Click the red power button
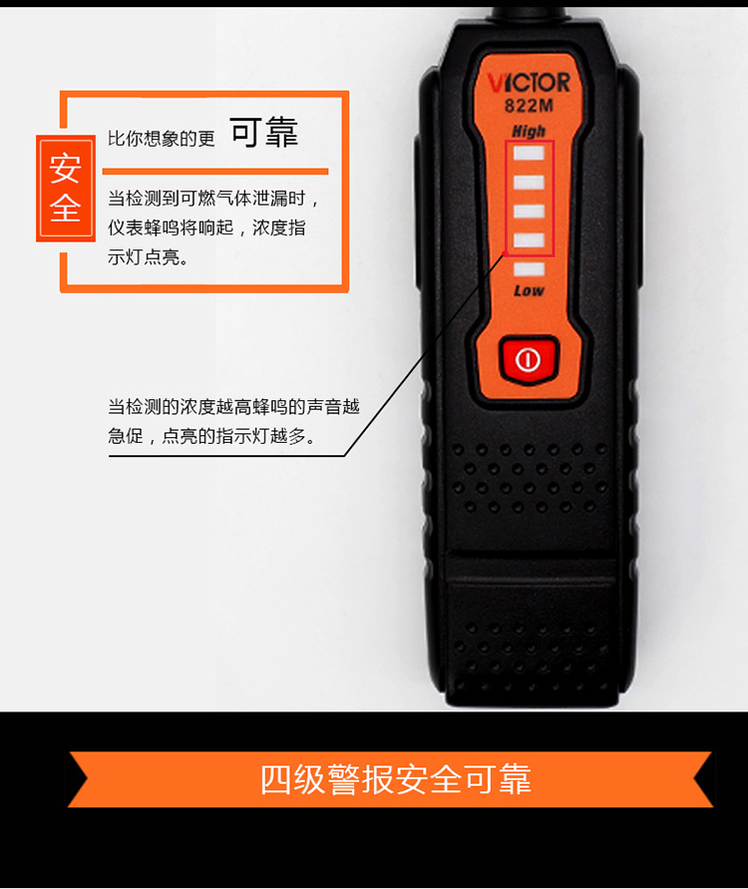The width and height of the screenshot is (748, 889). pyautogui.click(x=529, y=359)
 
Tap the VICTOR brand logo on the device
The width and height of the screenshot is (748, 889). pyautogui.click(x=529, y=83)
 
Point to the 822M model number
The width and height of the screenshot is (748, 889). pyautogui.click(x=529, y=106)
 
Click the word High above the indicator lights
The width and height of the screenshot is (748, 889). pyautogui.click(x=529, y=132)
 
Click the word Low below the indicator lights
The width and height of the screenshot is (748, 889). pyautogui.click(x=529, y=291)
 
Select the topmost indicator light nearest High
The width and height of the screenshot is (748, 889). pyautogui.click(x=529, y=153)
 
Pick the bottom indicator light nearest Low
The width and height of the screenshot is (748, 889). pyautogui.click(x=529, y=268)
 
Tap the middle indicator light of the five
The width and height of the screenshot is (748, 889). pyautogui.click(x=529, y=211)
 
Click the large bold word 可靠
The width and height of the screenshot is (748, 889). pyautogui.click(x=264, y=132)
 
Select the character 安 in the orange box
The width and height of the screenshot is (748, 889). pyautogui.click(x=65, y=169)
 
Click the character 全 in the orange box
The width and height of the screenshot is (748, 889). pyautogui.click(x=65, y=208)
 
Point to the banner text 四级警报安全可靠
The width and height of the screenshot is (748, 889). pyautogui.click(x=396, y=779)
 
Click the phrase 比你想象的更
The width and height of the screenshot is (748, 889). pyautogui.click(x=162, y=139)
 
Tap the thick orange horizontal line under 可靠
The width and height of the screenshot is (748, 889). pyautogui.click(x=215, y=172)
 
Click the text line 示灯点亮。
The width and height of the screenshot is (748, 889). pyautogui.click(x=149, y=257)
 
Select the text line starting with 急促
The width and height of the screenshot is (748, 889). pyautogui.click(x=211, y=436)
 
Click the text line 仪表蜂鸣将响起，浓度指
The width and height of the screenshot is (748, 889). pyautogui.click(x=206, y=227)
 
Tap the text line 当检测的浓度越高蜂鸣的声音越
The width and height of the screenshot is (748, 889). pyautogui.click(x=233, y=406)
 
